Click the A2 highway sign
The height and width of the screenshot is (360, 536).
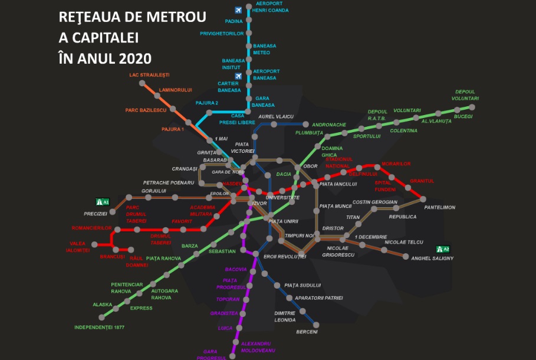click(443, 248)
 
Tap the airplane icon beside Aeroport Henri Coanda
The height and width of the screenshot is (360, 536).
click(238, 9)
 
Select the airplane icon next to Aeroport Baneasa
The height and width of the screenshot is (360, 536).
click(238, 76)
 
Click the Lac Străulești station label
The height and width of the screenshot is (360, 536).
click(149, 75)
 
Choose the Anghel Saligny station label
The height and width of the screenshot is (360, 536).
click(432, 258)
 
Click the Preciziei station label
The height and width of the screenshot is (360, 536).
click(95, 213)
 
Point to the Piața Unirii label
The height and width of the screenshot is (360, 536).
click(283, 221)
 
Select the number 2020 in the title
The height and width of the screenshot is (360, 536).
click(135, 58)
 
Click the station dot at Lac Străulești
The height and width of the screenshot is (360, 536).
click(142, 84)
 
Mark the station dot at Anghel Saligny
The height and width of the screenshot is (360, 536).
click(406, 256)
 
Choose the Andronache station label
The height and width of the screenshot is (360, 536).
click(329, 125)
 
